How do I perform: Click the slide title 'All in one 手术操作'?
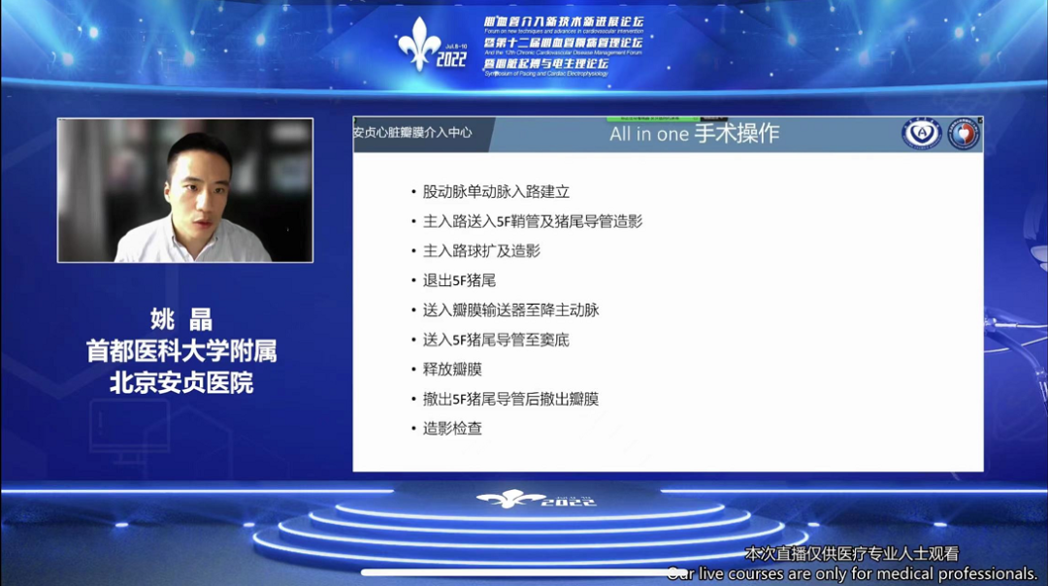[x=694, y=134]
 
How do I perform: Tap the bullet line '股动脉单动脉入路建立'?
[x=496, y=192]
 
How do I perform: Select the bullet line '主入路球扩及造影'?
[x=481, y=250]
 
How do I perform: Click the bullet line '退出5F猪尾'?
[x=459, y=280]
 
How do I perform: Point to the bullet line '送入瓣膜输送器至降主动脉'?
[x=510, y=310]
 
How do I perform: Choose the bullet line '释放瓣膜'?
[x=452, y=370]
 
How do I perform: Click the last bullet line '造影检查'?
[x=452, y=428]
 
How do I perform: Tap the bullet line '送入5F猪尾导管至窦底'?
[x=496, y=340]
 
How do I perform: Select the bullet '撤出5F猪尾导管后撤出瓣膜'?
[x=510, y=399]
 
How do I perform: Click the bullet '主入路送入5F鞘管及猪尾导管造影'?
[x=532, y=221]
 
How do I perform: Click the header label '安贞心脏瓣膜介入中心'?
[x=412, y=132]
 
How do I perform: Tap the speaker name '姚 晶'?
[x=181, y=318]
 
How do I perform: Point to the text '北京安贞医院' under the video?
[x=181, y=382]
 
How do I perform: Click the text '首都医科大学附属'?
[x=181, y=350]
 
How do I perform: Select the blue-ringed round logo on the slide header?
[x=921, y=134]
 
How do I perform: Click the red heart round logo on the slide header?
[x=964, y=134]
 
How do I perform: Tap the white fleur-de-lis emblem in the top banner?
[x=418, y=44]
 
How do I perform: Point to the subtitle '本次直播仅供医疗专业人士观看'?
[x=851, y=554]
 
